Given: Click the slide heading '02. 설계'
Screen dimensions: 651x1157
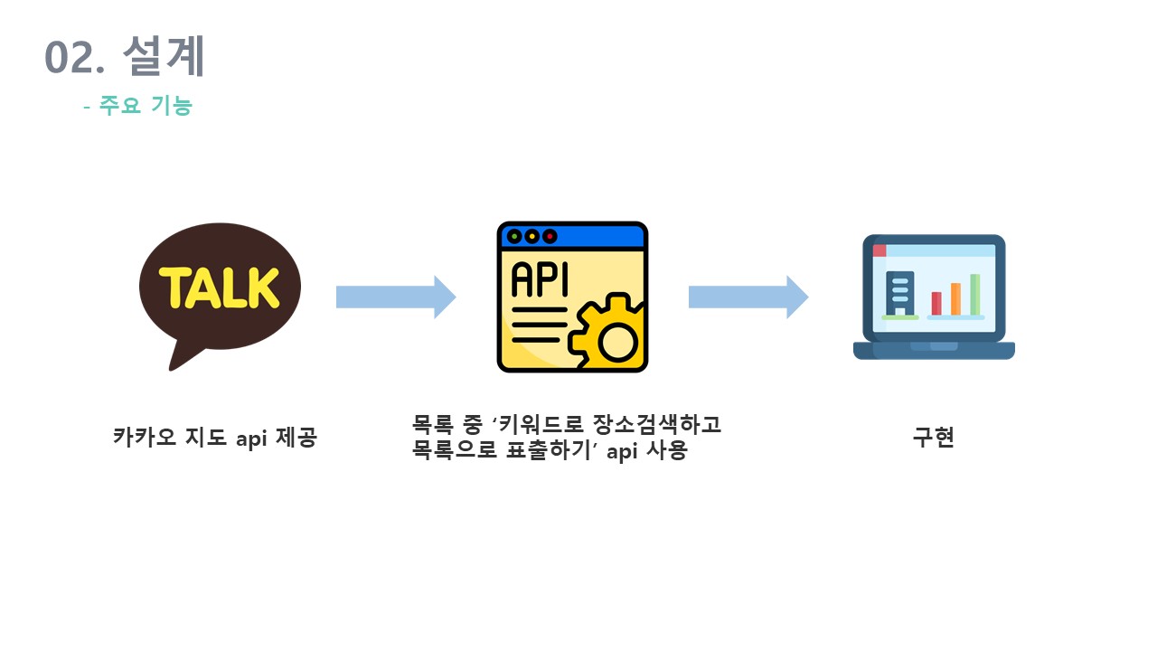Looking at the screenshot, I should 125,57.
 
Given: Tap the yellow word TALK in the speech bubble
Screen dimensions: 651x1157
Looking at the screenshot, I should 219,287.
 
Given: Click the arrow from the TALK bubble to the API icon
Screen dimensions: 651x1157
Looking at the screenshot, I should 395,297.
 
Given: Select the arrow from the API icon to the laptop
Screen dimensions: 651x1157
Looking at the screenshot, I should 748,297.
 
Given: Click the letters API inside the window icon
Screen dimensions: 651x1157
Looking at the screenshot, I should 540,280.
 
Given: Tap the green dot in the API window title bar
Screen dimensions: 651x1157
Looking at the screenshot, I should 514,237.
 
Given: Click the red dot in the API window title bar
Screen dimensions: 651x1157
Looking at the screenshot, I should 550,237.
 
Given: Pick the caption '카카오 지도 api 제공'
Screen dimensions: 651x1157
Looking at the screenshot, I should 215,439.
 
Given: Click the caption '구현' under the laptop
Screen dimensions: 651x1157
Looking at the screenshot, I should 934,439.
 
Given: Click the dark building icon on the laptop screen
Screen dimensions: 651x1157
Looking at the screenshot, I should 900,292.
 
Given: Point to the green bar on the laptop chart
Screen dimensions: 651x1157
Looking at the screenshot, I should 975,294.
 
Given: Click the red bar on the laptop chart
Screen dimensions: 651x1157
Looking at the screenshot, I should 936,303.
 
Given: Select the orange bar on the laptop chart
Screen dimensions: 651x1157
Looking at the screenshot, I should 955,298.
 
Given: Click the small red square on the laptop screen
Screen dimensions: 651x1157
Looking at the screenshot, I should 880,250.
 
